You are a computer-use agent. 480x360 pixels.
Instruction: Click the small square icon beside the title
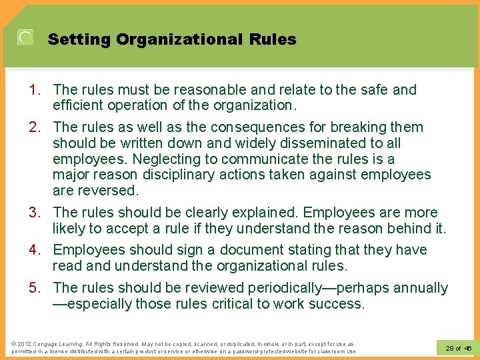pyautogui.click(x=25, y=38)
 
